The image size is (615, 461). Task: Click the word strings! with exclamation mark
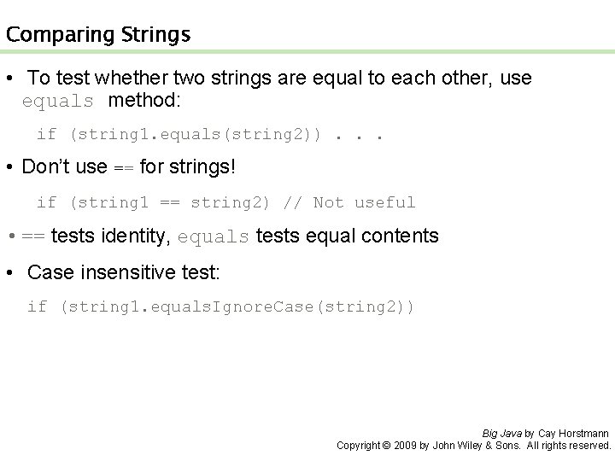tap(202, 166)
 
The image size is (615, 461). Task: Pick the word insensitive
tap(114, 272)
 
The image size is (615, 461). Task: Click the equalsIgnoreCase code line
tap(220, 306)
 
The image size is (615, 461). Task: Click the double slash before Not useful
tap(292, 202)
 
